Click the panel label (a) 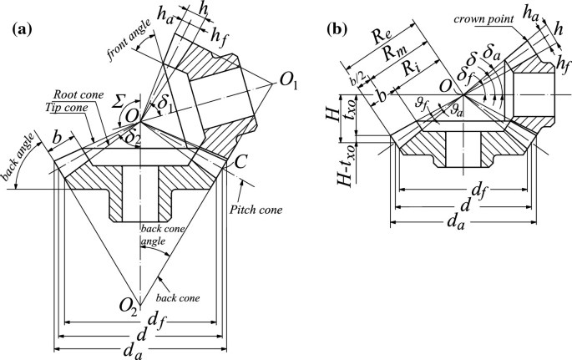click(22, 28)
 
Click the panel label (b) click(337, 28)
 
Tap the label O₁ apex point click(288, 81)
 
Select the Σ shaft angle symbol click(118, 101)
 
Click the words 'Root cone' click(78, 95)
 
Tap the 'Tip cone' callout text click(67, 107)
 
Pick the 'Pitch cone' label click(256, 210)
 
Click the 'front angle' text click(129, 40)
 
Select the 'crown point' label click(483, 19)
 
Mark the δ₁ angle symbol click(165, 105)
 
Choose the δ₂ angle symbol click(130, 138)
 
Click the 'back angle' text click(18, 157)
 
